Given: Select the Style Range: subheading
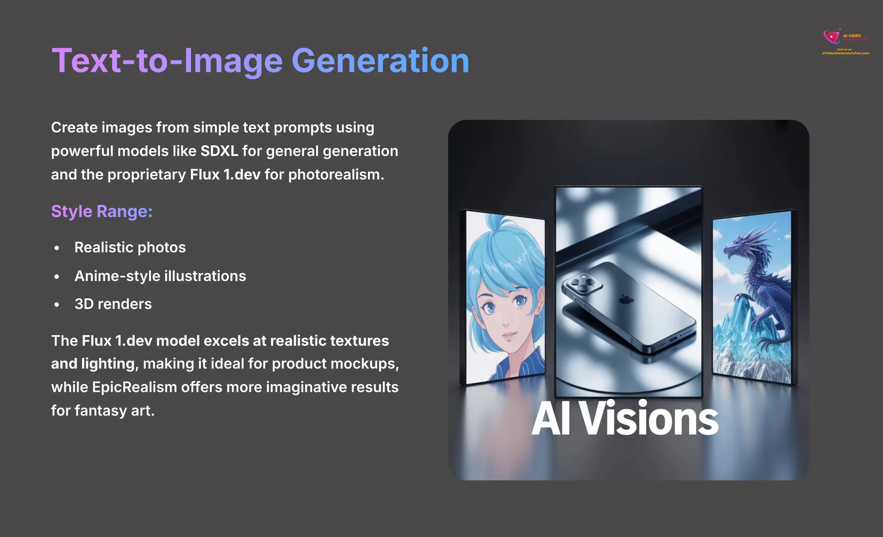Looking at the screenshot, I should [x=102, y=211].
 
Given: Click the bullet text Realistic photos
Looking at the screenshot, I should [x=130, y=248].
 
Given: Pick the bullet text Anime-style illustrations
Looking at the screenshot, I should [x=160, y=276].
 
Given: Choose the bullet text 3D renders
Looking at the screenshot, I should [x=113, y=304].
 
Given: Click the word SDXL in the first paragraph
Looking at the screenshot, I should [x=219, y=151].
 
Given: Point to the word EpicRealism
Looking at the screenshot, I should [x=134, y=387].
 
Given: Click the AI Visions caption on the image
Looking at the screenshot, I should [x=625, y=419].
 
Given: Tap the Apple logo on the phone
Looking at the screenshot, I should [x=626, y=299].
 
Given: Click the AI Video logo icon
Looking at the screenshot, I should [x=831, y=37].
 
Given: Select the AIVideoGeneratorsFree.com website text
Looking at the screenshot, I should [x=845, y=53].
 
